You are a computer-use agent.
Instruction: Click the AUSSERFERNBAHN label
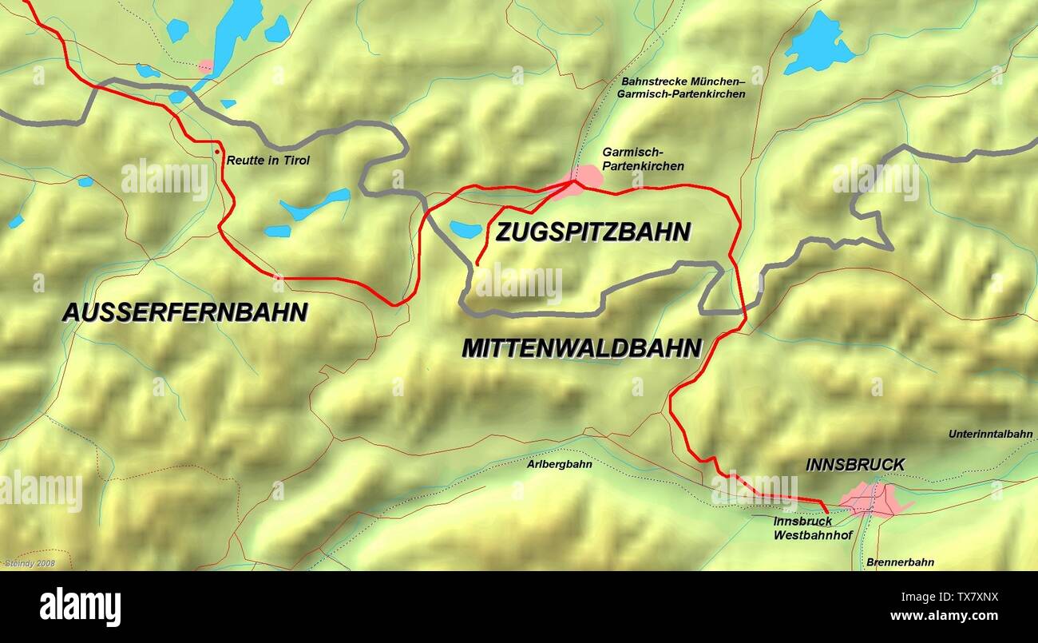(184, 312)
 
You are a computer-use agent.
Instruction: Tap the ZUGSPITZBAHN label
(592, 232)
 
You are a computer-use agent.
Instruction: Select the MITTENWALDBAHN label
(581, 348)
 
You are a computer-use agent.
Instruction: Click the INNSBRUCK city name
(855, 465)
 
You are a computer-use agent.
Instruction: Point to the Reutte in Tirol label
(268, 161)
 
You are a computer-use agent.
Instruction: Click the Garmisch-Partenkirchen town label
(643, 159)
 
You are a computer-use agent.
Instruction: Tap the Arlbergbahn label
(560, 464)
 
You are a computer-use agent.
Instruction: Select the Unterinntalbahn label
(990, 435)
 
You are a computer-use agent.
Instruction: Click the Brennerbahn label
(900, 562)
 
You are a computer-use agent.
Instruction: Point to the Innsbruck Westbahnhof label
(804, 529)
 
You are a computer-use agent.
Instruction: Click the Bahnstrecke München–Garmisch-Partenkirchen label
(683, 88)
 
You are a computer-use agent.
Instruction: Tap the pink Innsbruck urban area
(872, 500)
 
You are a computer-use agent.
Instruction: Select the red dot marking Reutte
(216, 151)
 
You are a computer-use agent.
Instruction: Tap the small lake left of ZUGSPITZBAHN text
(465, 230)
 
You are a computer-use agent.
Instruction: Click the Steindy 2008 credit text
(29, 563)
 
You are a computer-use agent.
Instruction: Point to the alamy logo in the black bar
(80, 607)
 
